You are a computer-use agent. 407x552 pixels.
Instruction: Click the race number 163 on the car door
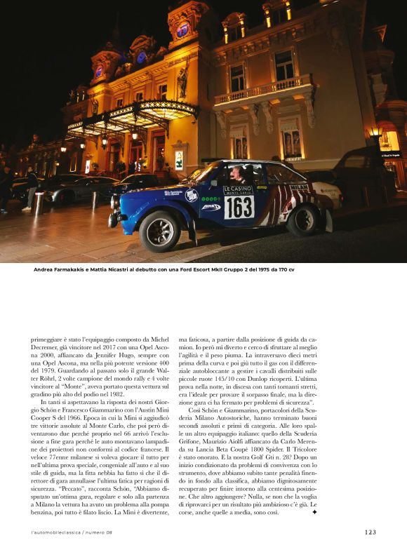pos(239,207)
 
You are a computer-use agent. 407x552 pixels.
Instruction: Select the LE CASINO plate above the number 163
pos(238,189)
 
